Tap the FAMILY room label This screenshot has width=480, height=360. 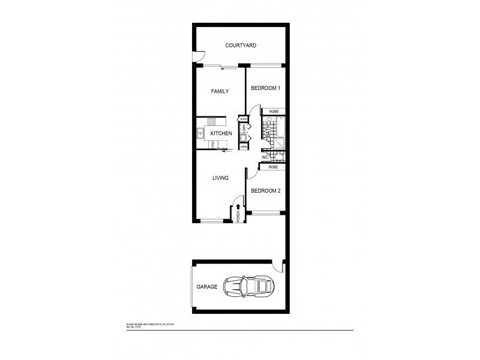[x=220, y=92]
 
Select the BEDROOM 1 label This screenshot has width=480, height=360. [x=265, y=88]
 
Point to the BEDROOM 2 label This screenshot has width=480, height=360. [x=266, y=191]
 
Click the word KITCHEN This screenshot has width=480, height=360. [x=221, y=133]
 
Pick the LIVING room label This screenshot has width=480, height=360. [x=220, y=178]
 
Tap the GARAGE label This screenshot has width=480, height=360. [x=206, y=287]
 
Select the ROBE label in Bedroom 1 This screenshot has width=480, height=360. [x=273, y=112]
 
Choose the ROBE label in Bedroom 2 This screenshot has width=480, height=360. [x=272, y=167]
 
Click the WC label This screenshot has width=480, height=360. [x=265, y=158]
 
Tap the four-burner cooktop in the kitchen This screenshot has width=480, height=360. [x=213, y=122]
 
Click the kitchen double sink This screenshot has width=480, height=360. [x=200, y=133]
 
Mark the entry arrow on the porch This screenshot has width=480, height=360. [x=239, y=207]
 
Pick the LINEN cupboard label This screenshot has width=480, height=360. [x=244, y=146]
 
